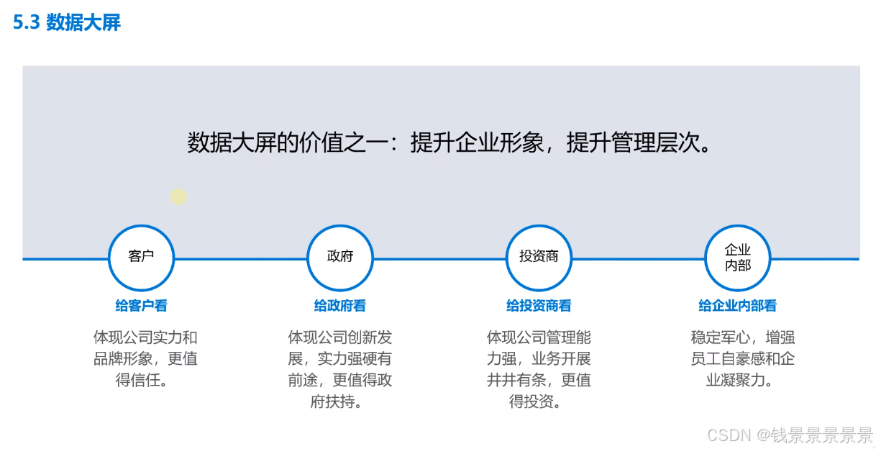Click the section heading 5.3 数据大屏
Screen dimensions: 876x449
coord(67,23)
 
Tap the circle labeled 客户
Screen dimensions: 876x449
coord(141,257)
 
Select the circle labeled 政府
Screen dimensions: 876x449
coord(340,257)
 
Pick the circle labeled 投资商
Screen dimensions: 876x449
coord(539,257)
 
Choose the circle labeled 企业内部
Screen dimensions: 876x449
coord(737,257)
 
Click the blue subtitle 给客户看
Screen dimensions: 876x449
coord(141,306)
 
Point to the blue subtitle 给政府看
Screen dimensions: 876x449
coord(340,306)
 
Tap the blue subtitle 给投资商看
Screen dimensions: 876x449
coord(539,306)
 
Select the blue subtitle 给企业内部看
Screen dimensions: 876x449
coord(737,306)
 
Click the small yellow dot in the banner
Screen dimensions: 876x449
coord(178,196)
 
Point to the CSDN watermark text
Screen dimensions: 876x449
coord(790,435)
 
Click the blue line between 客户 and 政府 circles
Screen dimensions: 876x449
coord(240,258)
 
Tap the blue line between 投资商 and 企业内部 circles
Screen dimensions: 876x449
coord(638,258)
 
